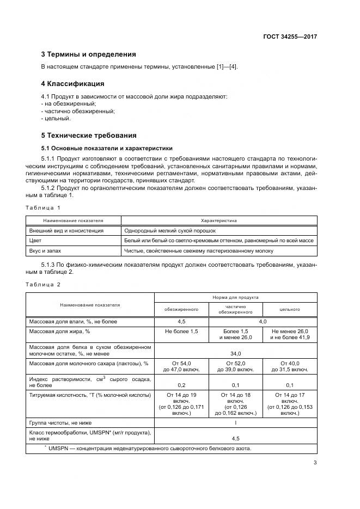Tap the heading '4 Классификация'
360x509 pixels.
72,84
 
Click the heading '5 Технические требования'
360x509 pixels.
89,135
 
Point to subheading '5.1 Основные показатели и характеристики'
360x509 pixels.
107,148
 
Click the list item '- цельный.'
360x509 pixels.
56,118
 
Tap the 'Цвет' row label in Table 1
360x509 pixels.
35,241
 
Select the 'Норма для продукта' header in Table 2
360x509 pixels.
235,298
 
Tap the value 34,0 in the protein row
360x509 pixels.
235,353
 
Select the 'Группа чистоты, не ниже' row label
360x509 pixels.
60,422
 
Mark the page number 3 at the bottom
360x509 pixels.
315,463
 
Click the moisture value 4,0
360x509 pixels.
263,322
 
